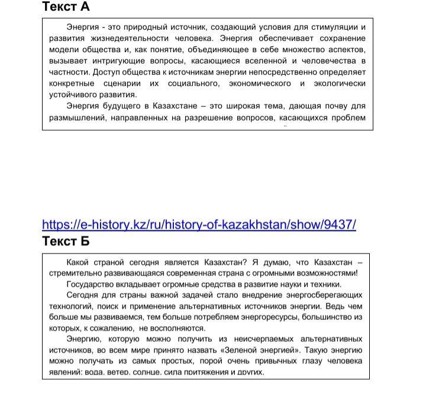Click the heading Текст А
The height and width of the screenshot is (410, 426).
click(x=66, y=7)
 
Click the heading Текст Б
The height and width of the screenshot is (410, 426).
click(x=66, y=241)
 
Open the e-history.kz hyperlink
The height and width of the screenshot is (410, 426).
click(x=199, y=225)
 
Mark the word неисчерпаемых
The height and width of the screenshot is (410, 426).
click(x=259, y=339)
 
